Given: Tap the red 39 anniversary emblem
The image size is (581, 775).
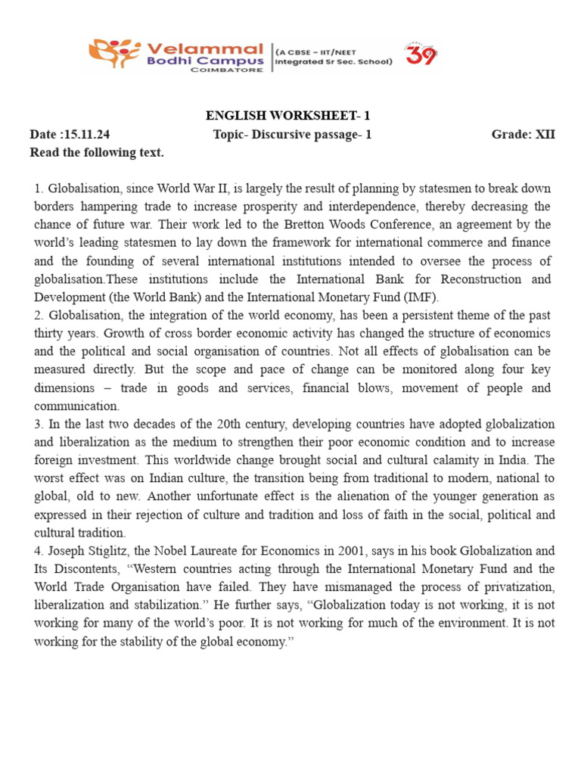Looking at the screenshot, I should tap(421, 54).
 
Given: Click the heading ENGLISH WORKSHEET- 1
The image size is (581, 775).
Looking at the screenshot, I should tap(287, 116).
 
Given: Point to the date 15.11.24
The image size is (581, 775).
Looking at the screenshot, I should tap(85, 135).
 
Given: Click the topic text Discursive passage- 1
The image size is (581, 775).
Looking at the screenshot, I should tap(311, 135).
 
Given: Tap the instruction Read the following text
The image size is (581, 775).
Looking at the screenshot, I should tap(97, 153).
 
